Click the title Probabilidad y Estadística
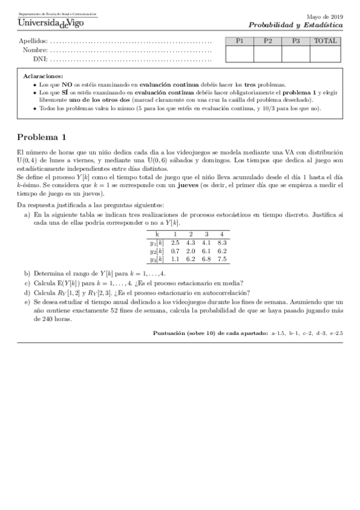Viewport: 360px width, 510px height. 296,25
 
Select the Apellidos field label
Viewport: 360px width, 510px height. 33,41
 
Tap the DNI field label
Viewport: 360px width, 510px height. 40,60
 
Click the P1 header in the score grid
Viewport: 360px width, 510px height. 240,41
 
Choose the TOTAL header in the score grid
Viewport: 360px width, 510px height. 326,41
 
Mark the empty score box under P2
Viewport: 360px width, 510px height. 268,54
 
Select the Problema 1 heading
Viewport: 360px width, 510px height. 41,137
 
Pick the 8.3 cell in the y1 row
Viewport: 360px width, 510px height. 221,242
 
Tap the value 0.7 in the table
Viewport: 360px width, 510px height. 175,251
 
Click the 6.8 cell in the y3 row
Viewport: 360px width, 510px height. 206,259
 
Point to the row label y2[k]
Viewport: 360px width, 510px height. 156,251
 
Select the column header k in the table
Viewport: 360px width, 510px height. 157,234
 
